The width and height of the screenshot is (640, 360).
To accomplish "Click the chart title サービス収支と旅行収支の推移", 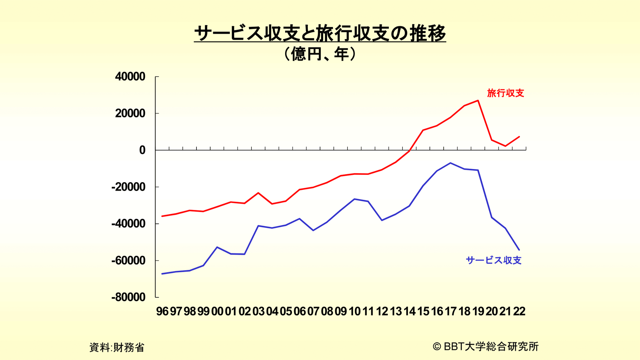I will coord(320,33).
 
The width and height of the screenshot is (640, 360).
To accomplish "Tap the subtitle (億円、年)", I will coord(320,54).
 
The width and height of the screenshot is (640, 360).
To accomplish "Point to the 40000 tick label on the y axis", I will coord(130,76).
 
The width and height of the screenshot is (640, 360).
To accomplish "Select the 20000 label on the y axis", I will coord(130,113).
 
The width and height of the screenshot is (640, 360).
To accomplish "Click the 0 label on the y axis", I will coord(142,150).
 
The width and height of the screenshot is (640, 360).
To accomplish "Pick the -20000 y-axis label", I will coord(128,187).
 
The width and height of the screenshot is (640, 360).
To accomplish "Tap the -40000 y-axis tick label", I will coord(128,224).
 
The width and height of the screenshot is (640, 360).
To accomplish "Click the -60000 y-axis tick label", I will coord(128,260).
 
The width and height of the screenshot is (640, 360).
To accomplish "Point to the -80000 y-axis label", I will coord(128,297).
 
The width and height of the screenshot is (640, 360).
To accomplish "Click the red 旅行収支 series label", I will coord(506,93).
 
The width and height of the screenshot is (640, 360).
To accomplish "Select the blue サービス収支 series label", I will coord(494,260).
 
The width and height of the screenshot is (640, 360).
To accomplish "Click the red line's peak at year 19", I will coord(478,100).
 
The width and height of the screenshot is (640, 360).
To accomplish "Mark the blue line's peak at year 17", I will coord(451,163).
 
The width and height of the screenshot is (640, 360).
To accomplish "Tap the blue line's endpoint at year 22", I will coord(519,250).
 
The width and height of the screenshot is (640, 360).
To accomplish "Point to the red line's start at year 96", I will coord(162,216).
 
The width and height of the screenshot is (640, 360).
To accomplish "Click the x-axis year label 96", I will coord(162,311).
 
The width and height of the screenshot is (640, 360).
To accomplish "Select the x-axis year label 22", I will coord(519,311).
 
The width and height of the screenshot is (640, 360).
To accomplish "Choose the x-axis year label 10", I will coord(354,311).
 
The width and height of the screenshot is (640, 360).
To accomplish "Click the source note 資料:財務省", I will coord(117,347).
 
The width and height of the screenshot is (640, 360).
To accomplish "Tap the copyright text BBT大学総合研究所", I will coord(486,346).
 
